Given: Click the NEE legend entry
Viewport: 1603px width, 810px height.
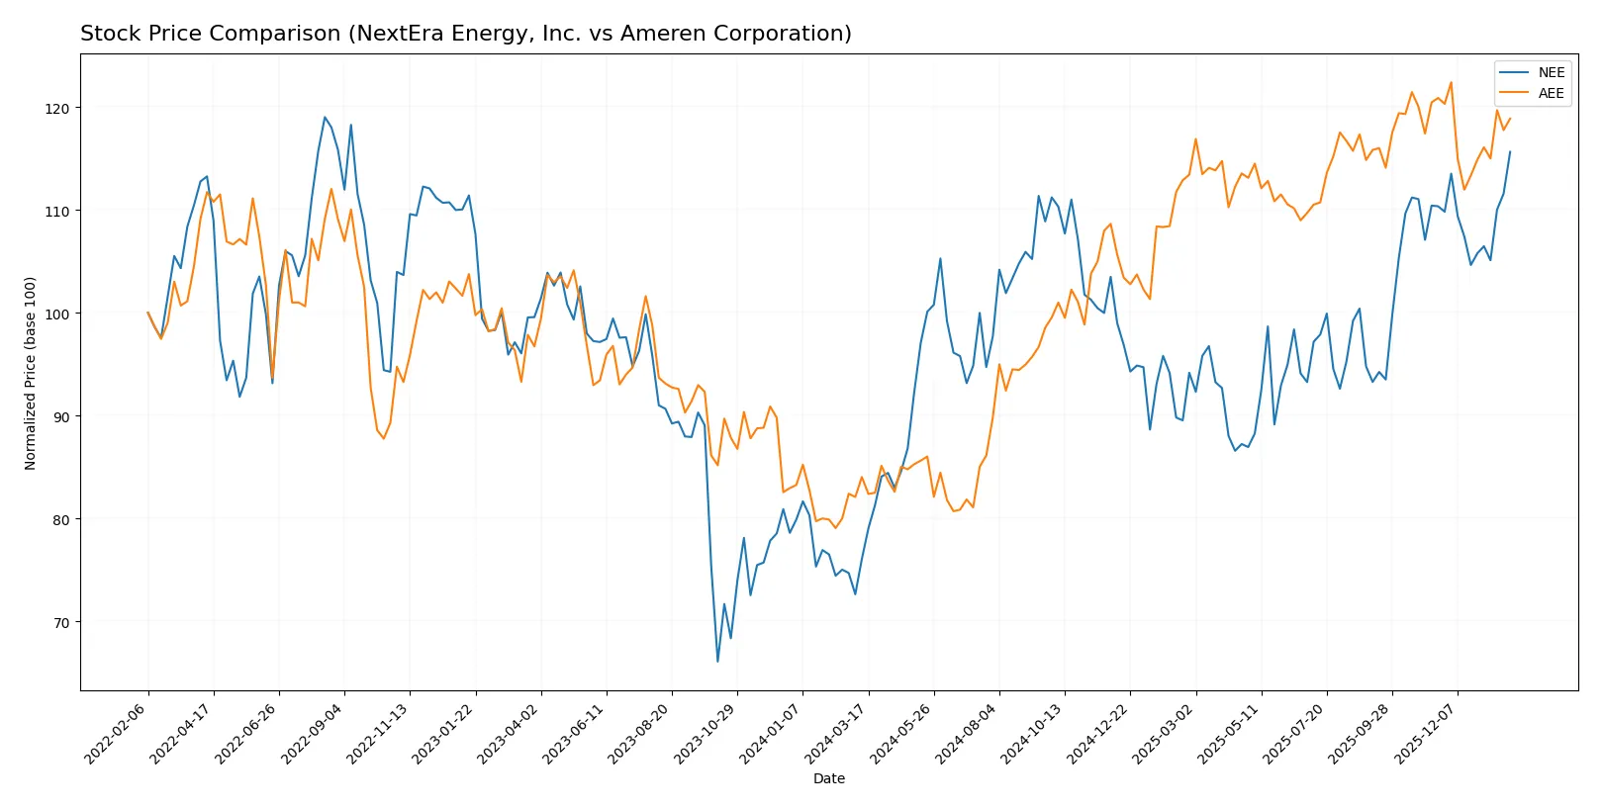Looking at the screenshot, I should tap(1551, 72).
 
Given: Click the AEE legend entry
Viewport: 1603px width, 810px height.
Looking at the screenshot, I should tap(1551, 93).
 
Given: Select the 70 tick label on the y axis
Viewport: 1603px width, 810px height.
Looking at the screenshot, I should tap(61, 622).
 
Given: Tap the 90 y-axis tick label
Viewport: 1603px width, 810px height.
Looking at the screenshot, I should tap(61, 416).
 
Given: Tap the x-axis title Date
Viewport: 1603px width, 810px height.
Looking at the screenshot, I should tap(828, 778).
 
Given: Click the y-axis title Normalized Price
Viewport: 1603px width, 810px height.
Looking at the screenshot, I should tap(31, 373).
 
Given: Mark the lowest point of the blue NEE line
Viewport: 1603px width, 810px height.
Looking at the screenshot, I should tap(717, 661).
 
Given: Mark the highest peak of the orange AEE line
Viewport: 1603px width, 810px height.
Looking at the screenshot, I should tap(1451, 83).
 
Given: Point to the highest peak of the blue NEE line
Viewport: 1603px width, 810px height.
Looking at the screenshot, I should tap(325, 117).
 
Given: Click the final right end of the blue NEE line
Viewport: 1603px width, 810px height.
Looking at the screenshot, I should tap(1510, 151).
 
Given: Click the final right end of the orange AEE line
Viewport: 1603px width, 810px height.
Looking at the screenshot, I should tap(1510, 119).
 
